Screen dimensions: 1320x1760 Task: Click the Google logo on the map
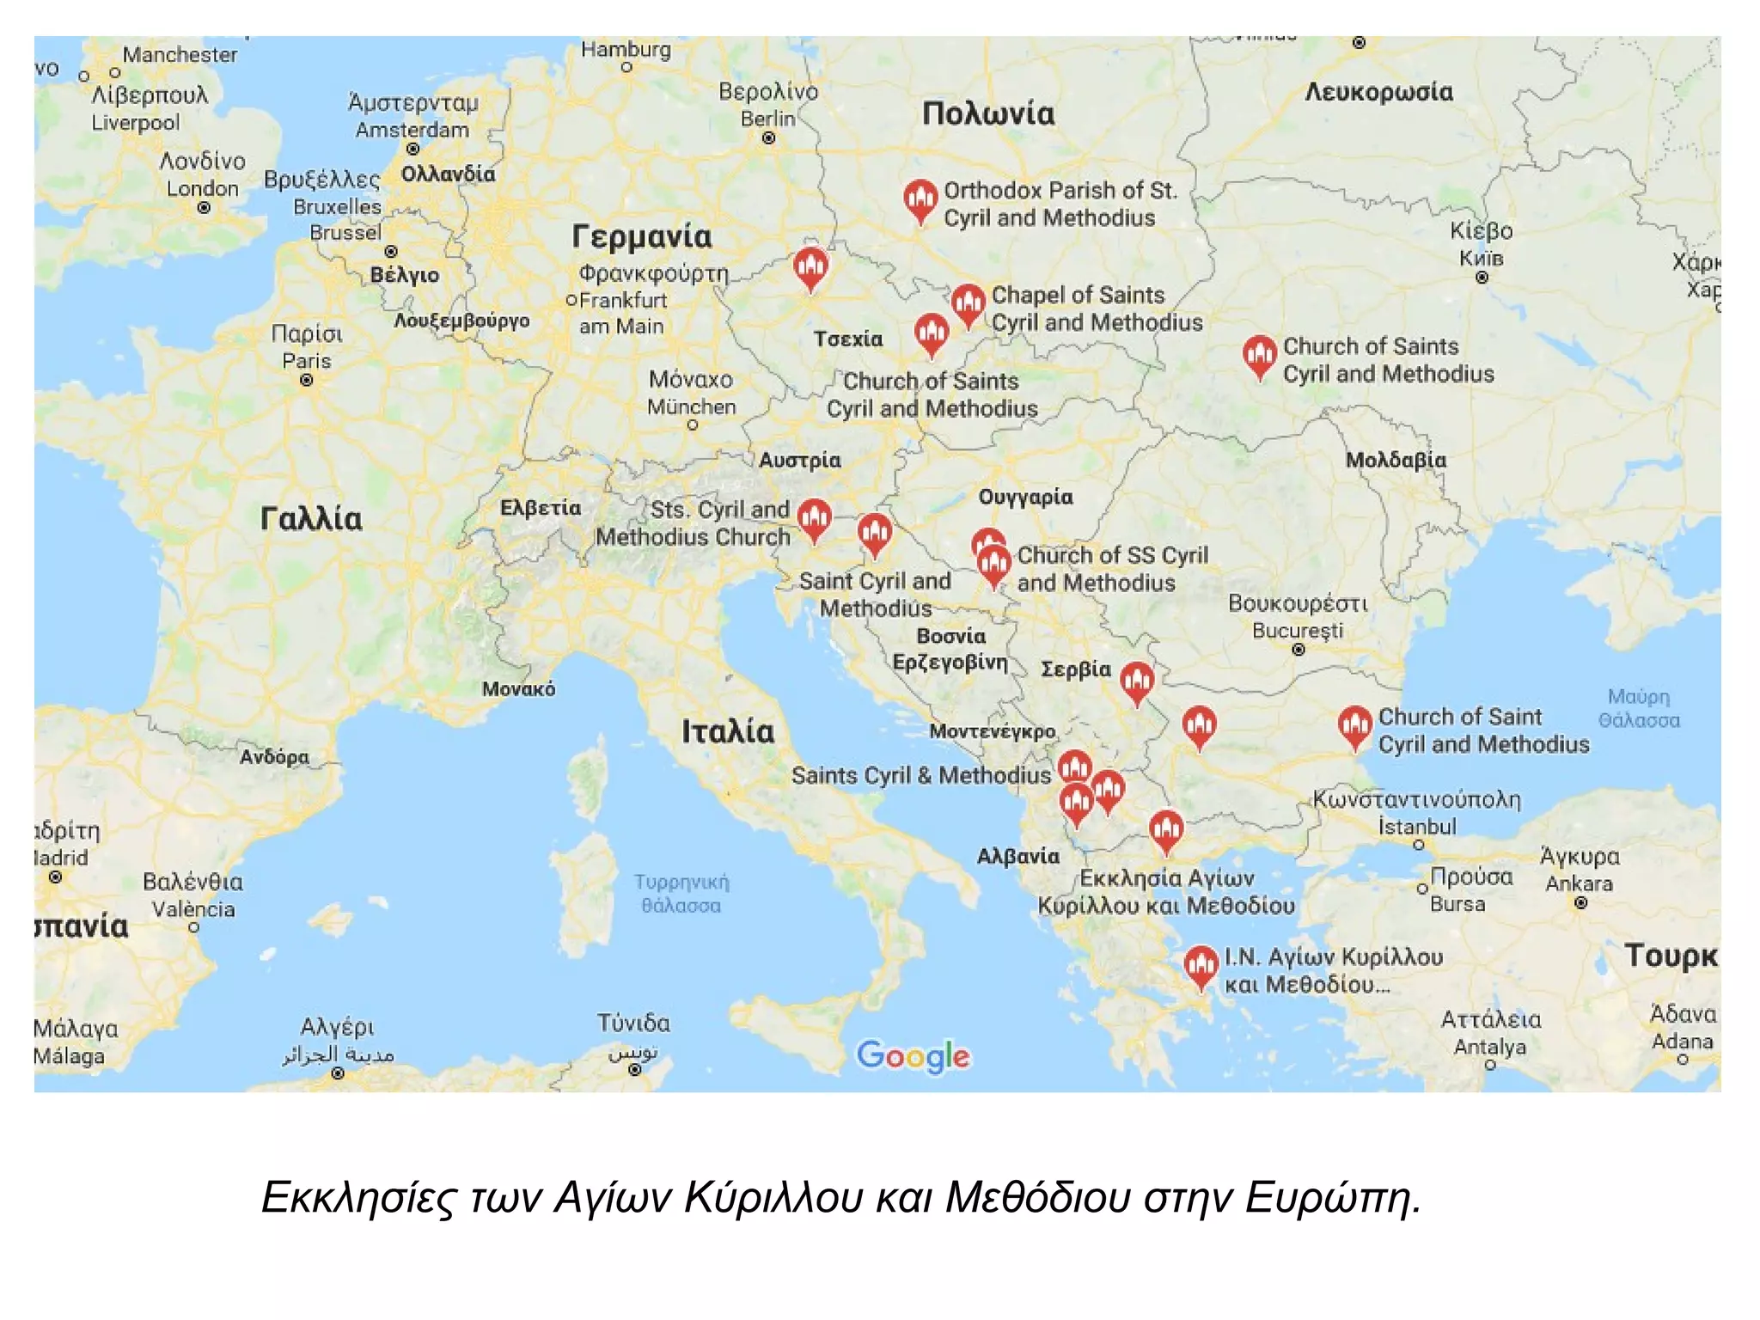point(913,1055)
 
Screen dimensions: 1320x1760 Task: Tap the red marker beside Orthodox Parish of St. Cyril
point(920,199)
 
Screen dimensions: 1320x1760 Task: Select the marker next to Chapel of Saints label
point(968,303)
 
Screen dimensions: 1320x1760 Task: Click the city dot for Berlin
point(768,137)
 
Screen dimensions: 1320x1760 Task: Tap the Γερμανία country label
point(642,237)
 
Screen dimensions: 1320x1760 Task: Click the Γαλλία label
point(311,519)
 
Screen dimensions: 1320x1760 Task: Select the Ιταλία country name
point(728,732)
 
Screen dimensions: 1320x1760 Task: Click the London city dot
point(204,208)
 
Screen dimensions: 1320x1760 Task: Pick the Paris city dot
point(307,380)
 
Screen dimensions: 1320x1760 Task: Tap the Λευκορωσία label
point(1378,93)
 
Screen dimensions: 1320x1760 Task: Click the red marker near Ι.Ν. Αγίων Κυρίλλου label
point(1201,965)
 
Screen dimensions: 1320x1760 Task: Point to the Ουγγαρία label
point(1025,498)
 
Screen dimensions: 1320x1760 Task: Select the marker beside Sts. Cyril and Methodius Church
point(814,519)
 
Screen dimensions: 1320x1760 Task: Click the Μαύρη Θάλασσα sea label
point(1639,709)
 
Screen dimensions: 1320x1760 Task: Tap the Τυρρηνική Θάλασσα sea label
point(681,894)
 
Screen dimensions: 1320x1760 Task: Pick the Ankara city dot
point(1580,902)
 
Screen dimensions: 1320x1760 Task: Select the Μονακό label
point(518,689)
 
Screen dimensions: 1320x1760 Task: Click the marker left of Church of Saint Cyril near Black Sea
point(1354,726)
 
